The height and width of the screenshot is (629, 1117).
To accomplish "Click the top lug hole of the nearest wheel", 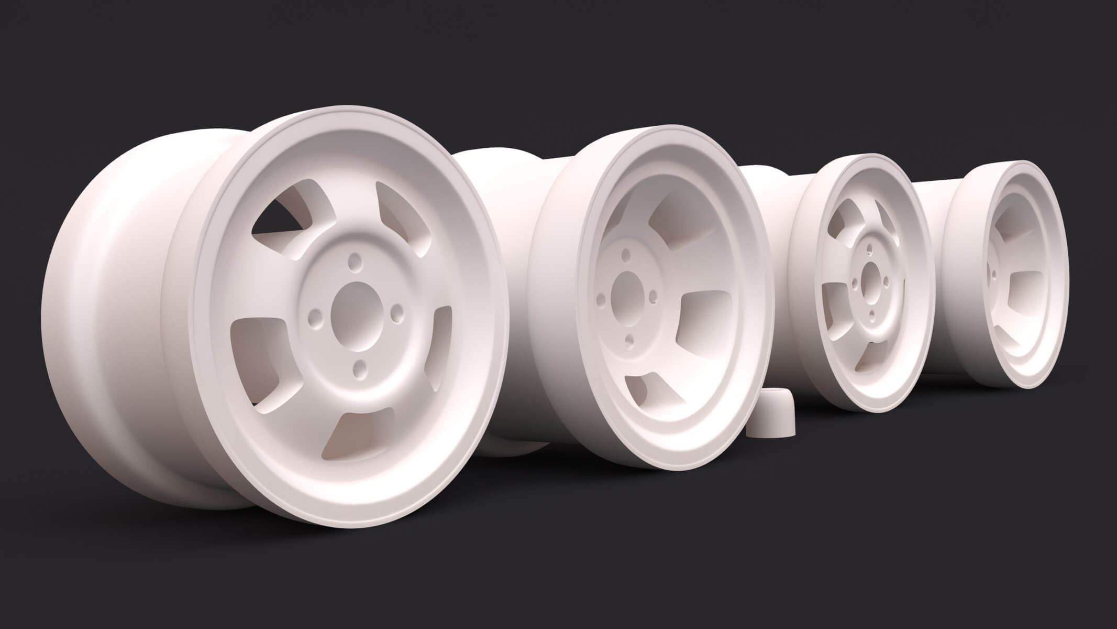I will pos(355,260).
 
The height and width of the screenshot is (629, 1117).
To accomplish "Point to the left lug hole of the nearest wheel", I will pos(315,317).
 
